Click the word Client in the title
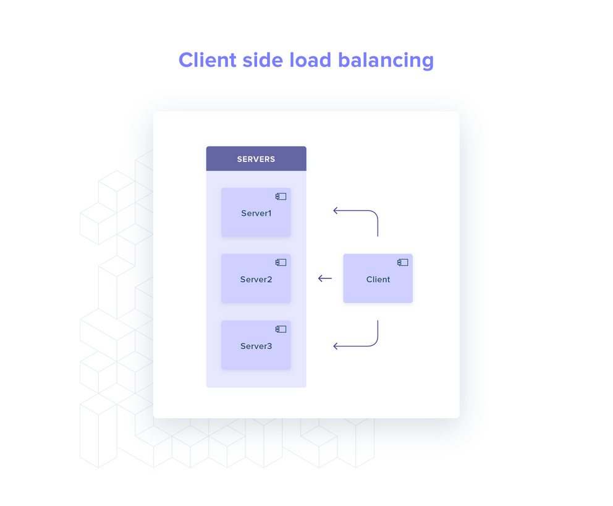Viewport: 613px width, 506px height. coord(207,60)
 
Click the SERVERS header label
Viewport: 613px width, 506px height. coord(256,159)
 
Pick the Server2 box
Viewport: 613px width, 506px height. coord(256,288)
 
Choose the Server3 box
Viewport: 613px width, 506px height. coord(256,354)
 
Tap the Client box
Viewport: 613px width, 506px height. coord(378,288)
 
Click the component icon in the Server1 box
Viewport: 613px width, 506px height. coord(281,196)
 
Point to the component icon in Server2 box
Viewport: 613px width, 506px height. coord(281,262)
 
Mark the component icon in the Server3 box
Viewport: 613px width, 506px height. coord(281,328)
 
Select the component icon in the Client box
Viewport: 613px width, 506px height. coord(402,262)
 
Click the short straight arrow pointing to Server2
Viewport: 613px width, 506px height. coord(324,278)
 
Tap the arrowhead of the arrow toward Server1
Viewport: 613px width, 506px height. coord(336,211)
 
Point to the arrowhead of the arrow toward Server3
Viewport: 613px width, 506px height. coord(336,346)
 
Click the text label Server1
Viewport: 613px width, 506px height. coord(256,213)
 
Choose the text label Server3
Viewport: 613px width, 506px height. coord(256,346)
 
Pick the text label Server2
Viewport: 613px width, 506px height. coord(256,280)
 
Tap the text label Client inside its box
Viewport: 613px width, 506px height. coord(378,280)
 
